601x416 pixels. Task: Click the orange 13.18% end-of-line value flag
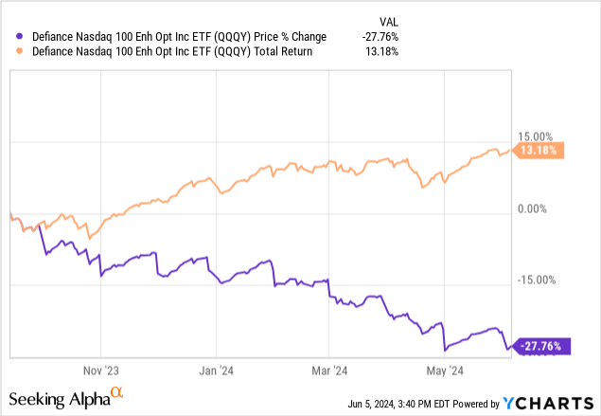coord(540,149)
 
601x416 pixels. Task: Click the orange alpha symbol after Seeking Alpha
coord(117,391)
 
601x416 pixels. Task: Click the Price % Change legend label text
coord(174,36)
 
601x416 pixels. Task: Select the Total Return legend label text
coord(173,51)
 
